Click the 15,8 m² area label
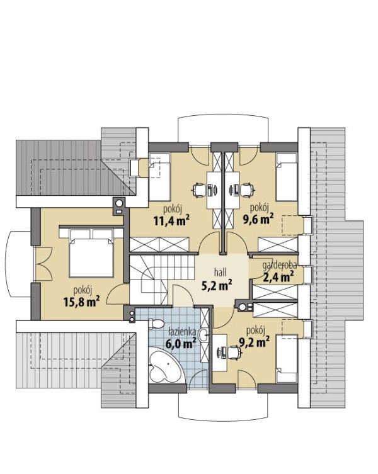pos(82,302)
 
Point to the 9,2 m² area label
pos(255,342)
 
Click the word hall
pos(220,273)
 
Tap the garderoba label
pos(279,266)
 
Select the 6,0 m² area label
pos(181,344)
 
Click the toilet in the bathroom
pos(156,324)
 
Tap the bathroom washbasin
pos(203,334)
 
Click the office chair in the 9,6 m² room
pos(247,190)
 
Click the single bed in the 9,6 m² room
pos(287,177)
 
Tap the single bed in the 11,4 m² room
pos(159,177)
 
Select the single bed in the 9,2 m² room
pos(287,358)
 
